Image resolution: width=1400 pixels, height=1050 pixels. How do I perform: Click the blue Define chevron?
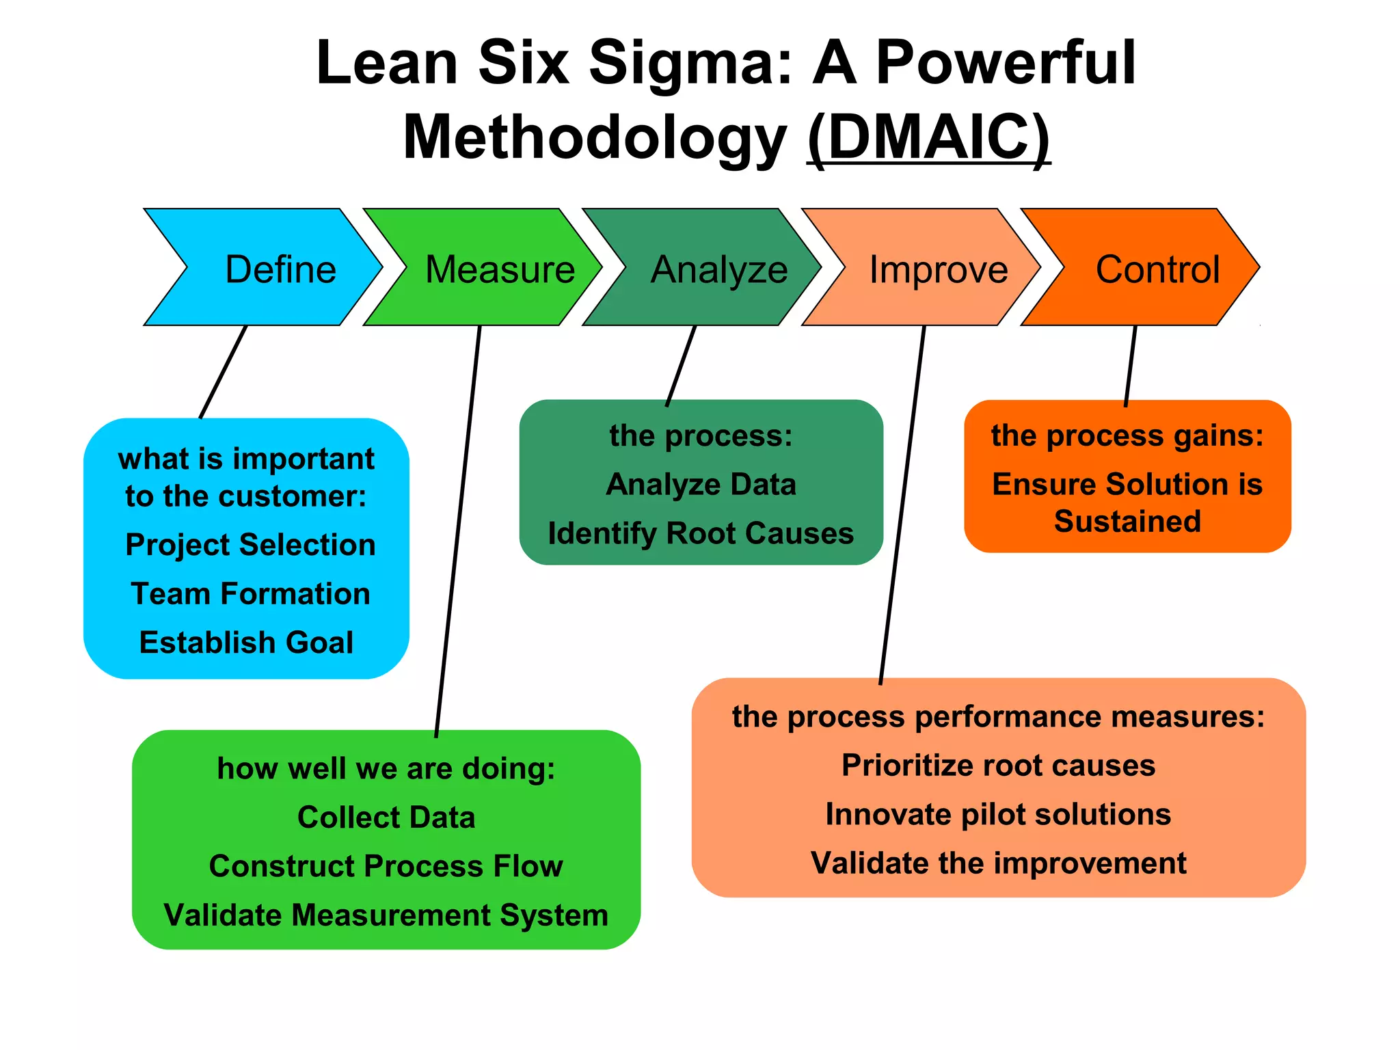coord(273,268)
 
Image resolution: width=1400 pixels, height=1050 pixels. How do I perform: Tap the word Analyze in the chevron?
coord(719,269)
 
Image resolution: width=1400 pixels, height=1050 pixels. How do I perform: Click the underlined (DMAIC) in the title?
coord(928,137)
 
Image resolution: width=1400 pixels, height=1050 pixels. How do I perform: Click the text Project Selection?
coord(250,545)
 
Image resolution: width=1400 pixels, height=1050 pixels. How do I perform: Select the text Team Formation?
coord(250,593)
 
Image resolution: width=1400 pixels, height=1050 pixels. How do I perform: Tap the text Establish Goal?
coord(246,643)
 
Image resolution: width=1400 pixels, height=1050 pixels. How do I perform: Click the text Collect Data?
coord(386,818)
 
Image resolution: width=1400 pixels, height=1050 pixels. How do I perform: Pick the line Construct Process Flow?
coord(386,866)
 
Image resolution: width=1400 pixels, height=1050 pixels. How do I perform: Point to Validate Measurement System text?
coord(386,915)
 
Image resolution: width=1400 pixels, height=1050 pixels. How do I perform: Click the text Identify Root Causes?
coord(701,533)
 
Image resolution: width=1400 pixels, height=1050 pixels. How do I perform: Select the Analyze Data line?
coord(701,485)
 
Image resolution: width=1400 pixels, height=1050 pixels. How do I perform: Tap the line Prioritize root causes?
coord(998,766)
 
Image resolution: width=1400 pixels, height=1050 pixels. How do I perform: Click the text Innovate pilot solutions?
coord(998,815)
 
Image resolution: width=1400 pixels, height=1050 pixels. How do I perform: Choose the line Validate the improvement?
coord(998,863)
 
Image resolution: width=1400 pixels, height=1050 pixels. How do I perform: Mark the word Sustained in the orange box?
coord(1127,522)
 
